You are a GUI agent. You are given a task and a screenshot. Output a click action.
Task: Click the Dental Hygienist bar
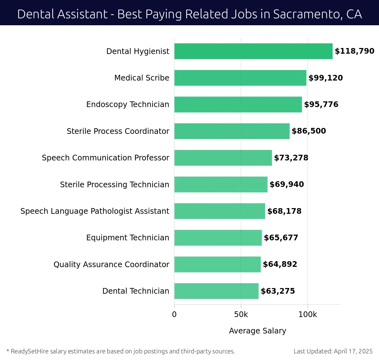(x=253, y=51)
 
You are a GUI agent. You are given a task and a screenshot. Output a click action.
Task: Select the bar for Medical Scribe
(x=240, y=78)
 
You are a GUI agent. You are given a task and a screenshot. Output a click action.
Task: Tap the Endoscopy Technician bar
(x=238, y=105)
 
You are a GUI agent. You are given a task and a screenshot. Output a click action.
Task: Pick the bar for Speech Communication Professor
(x=223, y=158)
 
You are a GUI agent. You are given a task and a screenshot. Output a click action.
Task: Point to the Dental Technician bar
(x=216, y=291)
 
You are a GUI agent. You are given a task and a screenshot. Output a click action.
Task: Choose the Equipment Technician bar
(x=218, y=237)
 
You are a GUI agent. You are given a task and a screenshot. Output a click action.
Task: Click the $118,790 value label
(x=354, y=51)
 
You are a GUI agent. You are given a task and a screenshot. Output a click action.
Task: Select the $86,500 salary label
(x=309, y=131)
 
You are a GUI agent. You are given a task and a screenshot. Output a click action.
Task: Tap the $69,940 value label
(x=286, y=184)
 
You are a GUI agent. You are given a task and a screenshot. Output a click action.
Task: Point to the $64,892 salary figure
(x=280, y=264)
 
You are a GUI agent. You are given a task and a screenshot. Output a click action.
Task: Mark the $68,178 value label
(x=284, y=211)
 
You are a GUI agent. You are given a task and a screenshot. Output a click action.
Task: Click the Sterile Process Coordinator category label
(x=118, y=131)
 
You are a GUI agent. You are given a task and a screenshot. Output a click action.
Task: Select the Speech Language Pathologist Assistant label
(x=95, y=211)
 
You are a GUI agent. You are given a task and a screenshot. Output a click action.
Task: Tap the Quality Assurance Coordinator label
(x=111, y=264)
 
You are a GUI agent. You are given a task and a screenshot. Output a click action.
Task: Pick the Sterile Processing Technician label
(x=114, y=184)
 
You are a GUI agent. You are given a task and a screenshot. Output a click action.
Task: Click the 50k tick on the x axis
(x=241, y=315)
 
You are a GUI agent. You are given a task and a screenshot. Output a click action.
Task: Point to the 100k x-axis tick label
(x=308, y=315)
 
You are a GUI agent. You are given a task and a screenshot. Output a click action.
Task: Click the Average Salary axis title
(x=257, y=331)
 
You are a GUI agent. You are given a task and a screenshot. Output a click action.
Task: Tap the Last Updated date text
(x=333, y=351)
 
